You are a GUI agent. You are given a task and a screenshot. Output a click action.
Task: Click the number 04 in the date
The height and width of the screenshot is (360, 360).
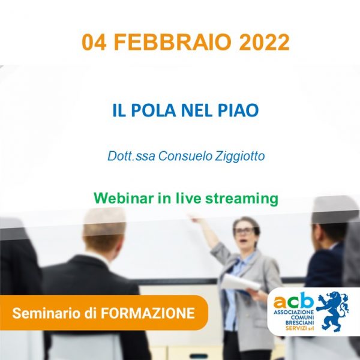94,42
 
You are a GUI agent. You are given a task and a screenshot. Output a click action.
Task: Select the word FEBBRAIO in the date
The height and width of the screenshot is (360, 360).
172,42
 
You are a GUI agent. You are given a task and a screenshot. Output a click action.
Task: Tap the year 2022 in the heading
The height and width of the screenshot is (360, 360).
264,42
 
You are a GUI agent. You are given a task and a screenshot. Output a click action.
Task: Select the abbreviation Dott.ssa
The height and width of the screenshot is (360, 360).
131,156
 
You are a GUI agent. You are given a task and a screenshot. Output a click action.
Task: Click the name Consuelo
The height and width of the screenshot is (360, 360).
185,156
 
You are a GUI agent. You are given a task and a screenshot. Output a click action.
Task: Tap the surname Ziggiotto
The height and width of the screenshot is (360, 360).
240,157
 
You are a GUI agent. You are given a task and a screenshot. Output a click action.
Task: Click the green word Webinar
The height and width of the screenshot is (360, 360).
124,198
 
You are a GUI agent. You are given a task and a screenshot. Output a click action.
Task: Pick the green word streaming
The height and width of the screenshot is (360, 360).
242,199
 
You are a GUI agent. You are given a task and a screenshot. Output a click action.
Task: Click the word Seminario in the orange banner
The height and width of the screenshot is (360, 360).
47,313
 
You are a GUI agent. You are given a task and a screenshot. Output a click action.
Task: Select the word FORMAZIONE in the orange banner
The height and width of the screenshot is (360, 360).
148,313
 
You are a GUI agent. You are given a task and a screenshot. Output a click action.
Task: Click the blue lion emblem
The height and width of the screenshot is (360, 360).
332,311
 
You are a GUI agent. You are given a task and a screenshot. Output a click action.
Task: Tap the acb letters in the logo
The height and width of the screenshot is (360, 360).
293,301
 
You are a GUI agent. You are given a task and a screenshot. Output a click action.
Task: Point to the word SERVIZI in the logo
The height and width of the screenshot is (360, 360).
296,328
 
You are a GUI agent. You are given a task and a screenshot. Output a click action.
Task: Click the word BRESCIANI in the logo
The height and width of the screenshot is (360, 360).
299,323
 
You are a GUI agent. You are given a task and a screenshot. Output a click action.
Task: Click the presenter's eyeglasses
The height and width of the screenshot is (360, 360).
244,231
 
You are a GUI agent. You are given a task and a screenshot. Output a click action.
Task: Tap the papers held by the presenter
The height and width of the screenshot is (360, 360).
241,283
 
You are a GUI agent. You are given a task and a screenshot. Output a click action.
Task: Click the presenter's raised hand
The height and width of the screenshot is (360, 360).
194,218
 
